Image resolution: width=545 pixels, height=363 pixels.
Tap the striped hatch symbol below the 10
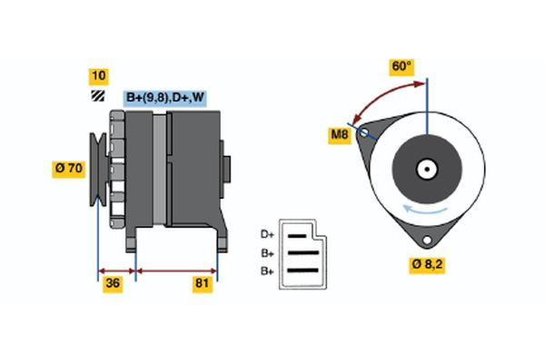coord(97,95)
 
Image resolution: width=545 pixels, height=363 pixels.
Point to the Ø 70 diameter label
coord(69,168)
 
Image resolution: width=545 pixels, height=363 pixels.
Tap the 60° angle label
coord(401,66)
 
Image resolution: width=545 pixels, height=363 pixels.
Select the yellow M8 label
coord(340,136)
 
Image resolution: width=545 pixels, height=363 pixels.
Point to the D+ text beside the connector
coord(268,235)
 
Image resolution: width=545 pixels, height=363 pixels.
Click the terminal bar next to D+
coord(299,236)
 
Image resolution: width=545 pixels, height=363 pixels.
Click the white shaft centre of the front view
coord(426,169)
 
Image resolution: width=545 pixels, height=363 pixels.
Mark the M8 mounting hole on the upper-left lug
coord(366,133)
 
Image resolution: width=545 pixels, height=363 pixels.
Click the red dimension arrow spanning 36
coord(116,270)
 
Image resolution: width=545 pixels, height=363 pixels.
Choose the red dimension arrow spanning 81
coord(176,270)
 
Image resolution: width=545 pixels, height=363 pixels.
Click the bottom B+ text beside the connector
coord(268,271)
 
